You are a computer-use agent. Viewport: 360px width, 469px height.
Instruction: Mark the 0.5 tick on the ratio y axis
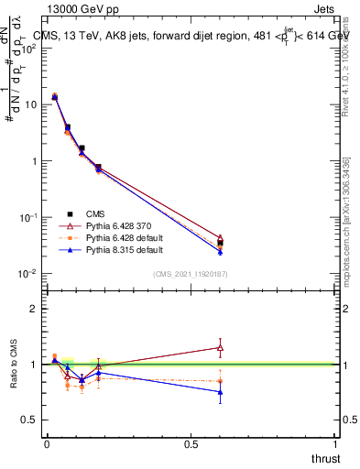pyautogui.click(x=32, y=420)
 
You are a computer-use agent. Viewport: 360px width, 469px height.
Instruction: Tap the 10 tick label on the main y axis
pyautogui.click(x=31, y=104)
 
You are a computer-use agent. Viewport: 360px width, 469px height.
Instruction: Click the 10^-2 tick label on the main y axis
pyautogui.click(x=27, y=274)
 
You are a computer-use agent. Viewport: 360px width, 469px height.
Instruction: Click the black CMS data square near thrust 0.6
pyautogui.click(x=220, y=243)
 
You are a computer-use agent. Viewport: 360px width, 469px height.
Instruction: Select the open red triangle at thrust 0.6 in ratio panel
pyautogui.click(x=220, y=347)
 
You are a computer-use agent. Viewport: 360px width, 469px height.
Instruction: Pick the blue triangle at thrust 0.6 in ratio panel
pyautogui.click(x=220, y=392)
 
